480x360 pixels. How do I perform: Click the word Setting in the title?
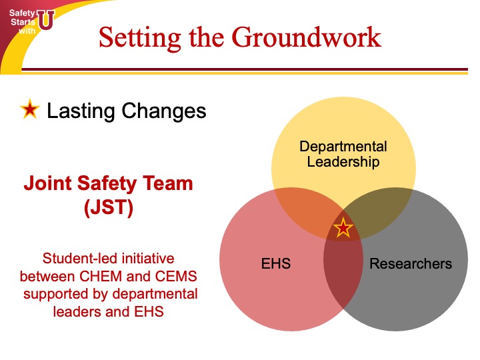pos(139,38)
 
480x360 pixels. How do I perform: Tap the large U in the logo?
pos(46,20)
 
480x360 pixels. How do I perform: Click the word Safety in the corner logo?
pos(22,13)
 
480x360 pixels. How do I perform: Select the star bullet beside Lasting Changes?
pos(30,109)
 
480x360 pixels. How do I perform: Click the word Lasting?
pos(81,111)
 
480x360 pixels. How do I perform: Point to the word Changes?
pos(164,111)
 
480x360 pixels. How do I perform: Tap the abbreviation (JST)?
pos(109,207)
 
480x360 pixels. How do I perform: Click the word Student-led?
pos(81,258)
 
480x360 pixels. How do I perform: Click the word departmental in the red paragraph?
pos(155,294)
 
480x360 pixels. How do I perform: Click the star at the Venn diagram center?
pos(343,228)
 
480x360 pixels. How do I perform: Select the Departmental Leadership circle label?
pos(343,154)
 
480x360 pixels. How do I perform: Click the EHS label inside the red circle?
pos(276,263)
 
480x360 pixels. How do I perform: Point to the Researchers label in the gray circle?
pos(411,263)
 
